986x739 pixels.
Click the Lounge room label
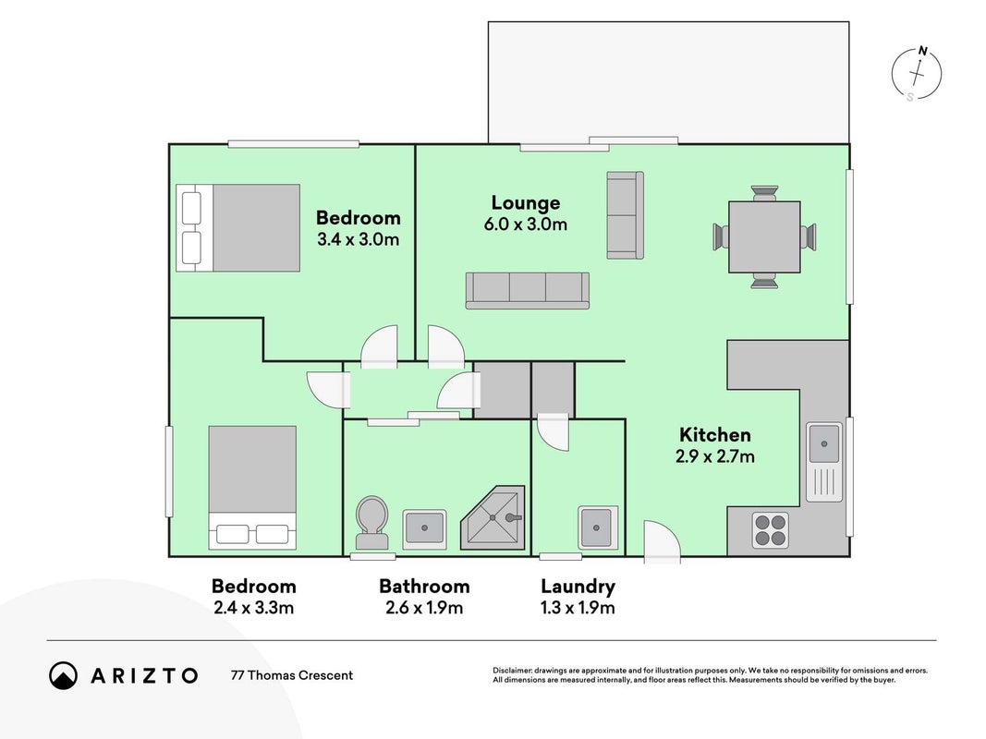tap(525, 203)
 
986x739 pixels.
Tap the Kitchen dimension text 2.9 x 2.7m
tap(715, 456)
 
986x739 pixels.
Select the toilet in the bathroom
tap(371, 523)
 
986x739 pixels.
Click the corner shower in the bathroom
tap(493, 517)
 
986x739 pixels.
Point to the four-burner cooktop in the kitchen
tap(771, 530)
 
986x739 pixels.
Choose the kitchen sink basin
tap(823, 443)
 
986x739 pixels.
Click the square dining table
tap(764, 236)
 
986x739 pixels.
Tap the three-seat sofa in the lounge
tap(527, 290)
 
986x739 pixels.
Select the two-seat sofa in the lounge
tap(625, 215)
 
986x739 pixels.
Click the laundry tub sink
tap(597, 527)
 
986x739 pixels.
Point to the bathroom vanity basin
tap(424, 527)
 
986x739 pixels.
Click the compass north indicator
tap(922, 50)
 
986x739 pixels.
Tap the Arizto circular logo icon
tap(63, 675)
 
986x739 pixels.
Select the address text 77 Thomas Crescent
tap(292, 675)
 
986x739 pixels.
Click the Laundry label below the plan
tap(578, 587)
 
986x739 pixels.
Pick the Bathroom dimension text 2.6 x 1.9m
tap(424, 608)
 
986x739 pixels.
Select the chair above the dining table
tap(764, 192)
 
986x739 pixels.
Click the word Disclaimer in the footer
tap(512, 671)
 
